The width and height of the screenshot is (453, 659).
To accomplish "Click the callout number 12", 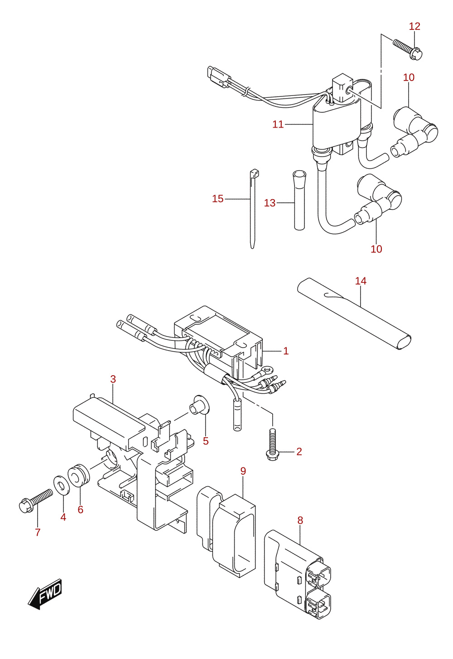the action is [x=414, y=26].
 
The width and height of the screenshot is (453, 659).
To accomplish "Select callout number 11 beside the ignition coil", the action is [x=278, y=124].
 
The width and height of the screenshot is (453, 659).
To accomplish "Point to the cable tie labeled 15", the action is [x=253, y=209].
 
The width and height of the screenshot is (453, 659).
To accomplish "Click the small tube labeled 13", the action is [x=299, y=200].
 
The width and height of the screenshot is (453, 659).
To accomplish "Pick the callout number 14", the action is [x=361, y=281].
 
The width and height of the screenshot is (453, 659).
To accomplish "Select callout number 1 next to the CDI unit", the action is [x=286, y=351].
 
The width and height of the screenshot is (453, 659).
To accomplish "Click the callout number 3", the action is [x=113, y=379].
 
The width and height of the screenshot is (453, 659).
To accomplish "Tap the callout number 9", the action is [x=243, y=471].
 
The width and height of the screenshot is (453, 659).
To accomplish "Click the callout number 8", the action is [x=300, y=521].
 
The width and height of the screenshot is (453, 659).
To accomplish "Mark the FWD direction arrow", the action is [x=45, y=594].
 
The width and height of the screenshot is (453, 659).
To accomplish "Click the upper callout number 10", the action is [x=409, y=77].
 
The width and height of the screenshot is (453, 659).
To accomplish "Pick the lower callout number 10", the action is [x=376, y=249].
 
